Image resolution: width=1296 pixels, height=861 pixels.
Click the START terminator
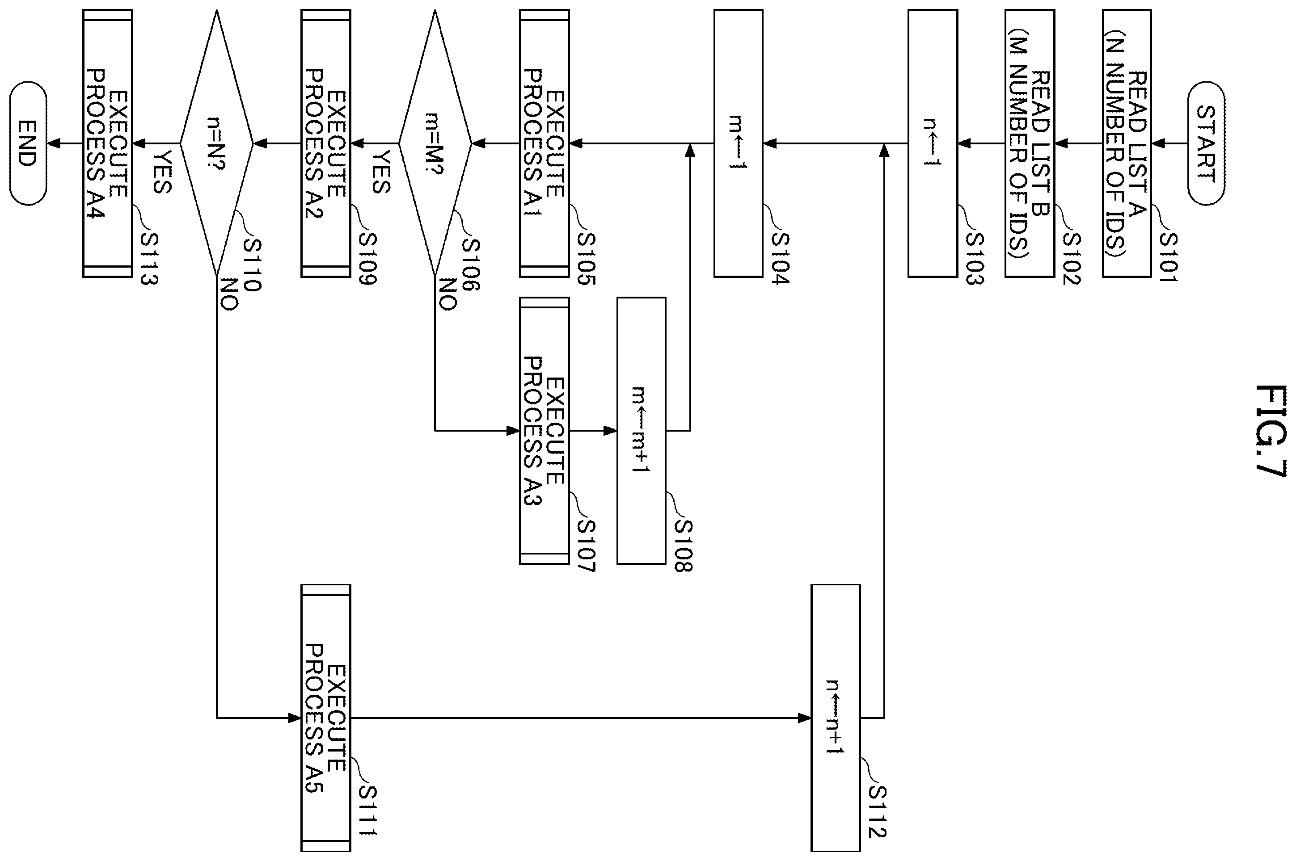pos(1206,143)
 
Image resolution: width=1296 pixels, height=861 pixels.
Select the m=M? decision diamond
pos(435,143)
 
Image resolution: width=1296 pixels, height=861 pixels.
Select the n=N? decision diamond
pos(216,143)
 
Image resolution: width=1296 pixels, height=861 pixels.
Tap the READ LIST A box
pos(1127,143)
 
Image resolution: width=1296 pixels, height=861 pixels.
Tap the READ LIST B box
pos(1030,143)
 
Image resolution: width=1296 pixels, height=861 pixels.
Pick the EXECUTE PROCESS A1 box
pos(545,143)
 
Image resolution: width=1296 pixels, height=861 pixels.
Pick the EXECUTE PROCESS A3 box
pos(545,431)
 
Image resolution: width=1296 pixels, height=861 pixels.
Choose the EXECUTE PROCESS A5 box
pos(326,718)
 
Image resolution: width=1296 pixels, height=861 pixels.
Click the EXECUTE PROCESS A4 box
pos(107,143)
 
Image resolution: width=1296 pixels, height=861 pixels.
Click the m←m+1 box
pos(641,431)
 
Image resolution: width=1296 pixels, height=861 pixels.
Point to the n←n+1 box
pos(836,718)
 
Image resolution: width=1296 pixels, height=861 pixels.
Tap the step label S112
pos(878,811)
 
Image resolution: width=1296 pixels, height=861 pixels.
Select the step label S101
pos(1168,258)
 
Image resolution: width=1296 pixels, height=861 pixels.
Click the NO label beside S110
pos(229,294)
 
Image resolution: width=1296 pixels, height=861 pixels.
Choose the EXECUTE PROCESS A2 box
pos(326,143)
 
